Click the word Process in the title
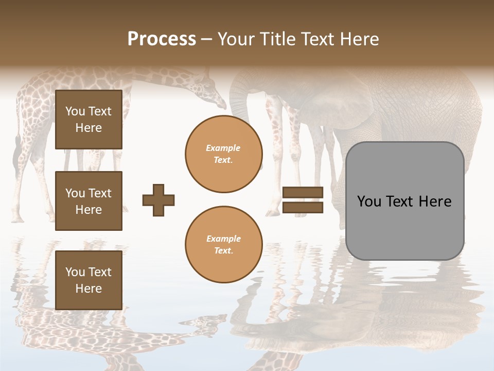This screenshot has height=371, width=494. (162, 39)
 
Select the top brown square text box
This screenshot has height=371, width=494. (89, 120)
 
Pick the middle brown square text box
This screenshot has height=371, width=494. (89, 201)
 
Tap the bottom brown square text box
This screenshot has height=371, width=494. (89, 280)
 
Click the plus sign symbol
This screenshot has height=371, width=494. (158, 200)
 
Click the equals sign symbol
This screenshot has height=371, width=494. (303, 200)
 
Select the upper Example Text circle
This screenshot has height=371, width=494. (224, 154)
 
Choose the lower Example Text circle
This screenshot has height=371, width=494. (224, 245)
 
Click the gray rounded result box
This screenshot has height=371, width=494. (405, 201)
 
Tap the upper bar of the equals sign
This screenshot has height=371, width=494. (303, 193)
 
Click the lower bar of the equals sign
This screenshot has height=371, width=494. (303, 207)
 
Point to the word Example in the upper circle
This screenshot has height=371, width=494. (223, 148)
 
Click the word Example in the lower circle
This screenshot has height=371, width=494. (223, 239)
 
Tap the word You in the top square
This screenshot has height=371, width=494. (75, 111)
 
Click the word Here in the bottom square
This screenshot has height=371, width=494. (89, 289)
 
